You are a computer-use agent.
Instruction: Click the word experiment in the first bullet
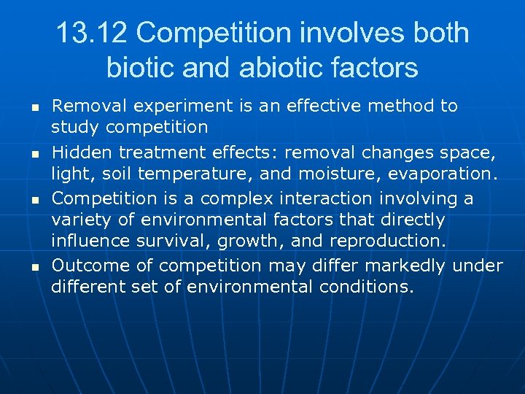point(172,107)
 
